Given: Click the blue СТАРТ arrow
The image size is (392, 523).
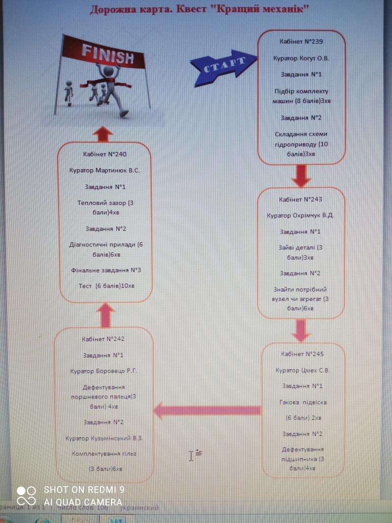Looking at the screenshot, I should tap(223, 65).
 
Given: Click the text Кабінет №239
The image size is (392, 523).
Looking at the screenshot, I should tap(302, 42).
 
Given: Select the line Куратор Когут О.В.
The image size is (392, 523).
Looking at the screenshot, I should tap(301, 58).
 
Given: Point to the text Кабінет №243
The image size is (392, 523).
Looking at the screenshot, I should tap(301, 199).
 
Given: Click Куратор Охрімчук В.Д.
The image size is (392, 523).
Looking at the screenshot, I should tap(301, 216).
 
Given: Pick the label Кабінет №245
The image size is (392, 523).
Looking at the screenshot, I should tap(302, 354).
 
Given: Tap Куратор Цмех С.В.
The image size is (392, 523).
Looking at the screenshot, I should tap(302, 370).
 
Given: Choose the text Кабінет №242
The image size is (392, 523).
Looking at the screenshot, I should tap(104, 339).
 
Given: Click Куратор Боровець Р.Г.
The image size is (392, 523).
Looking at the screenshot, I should tap(104, 371).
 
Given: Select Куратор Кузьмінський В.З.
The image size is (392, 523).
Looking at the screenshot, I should tap(104, 438).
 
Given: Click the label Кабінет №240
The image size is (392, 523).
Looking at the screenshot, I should tap(105, 154).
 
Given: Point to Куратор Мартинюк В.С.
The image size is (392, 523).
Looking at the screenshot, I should tap(105, 171).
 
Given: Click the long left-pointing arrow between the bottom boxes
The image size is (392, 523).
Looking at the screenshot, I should tap(207, 410).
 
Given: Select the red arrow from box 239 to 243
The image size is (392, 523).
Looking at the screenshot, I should tap(301, 176).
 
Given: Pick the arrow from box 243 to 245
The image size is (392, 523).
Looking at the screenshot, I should tap(301, 331).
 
